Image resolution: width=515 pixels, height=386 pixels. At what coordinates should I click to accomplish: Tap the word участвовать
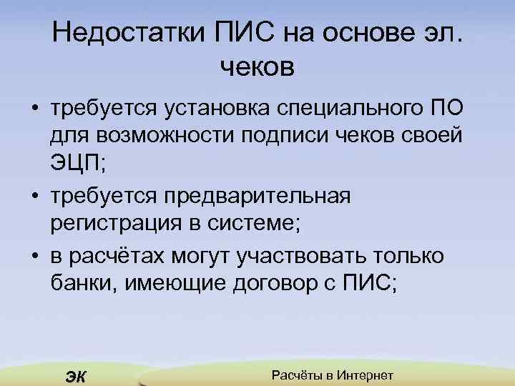pos(298,255)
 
